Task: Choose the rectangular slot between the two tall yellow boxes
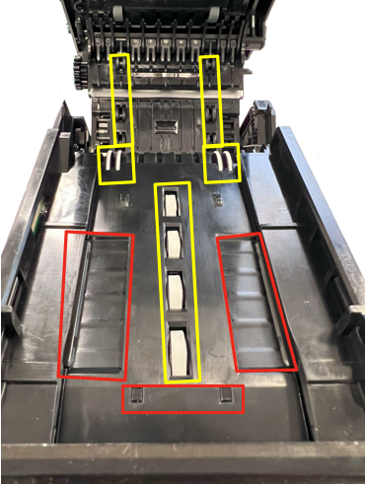pyautogui.click(x=165, y=127)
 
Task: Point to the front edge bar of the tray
pyautogui.click(x=183, y=461)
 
